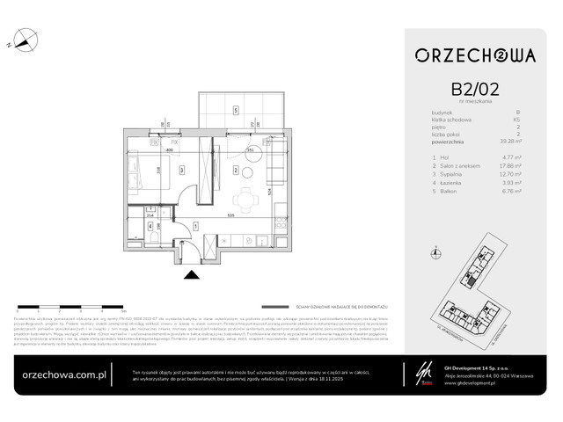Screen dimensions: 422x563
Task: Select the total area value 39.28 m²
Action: [510, 141]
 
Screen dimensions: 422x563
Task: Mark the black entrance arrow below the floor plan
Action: [193, 273]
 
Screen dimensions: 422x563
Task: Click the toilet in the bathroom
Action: [153, 236]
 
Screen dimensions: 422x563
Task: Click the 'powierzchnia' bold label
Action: [451, 141]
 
